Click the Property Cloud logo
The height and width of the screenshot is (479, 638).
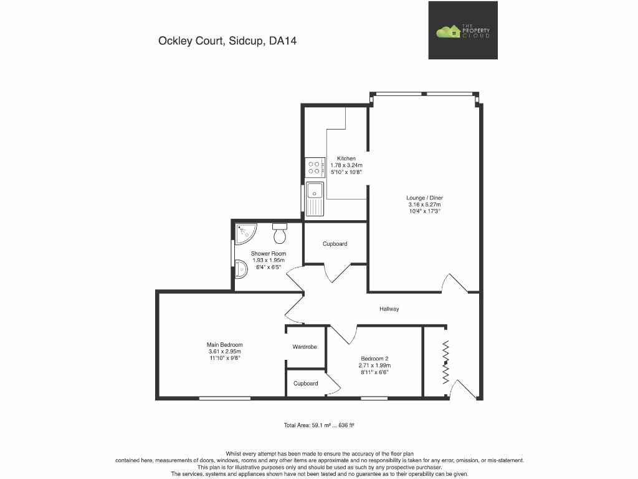click(x=463, y=31)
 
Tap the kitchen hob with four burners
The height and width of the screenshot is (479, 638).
click(x=314, y=167)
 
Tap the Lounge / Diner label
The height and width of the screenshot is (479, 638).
click(x=424, y=198)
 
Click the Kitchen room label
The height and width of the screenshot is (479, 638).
click(x=346, y=158)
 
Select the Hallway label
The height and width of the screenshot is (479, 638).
click(x=389, y=309)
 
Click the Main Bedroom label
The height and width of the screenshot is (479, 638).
click(x=224, y=344)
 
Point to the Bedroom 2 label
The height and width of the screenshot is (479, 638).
click(x=374, y=358)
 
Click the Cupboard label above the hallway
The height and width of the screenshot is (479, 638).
click(x=335, y=244)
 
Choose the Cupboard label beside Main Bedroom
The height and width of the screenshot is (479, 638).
click(x=306, y=384)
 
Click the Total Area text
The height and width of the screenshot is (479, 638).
click(x=319, y=425)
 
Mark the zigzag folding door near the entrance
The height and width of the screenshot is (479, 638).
click(x=445, y=362)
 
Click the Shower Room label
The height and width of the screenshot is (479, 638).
click(x=269, y=253)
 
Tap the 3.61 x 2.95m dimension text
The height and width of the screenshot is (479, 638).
click(x=224, y=351)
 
